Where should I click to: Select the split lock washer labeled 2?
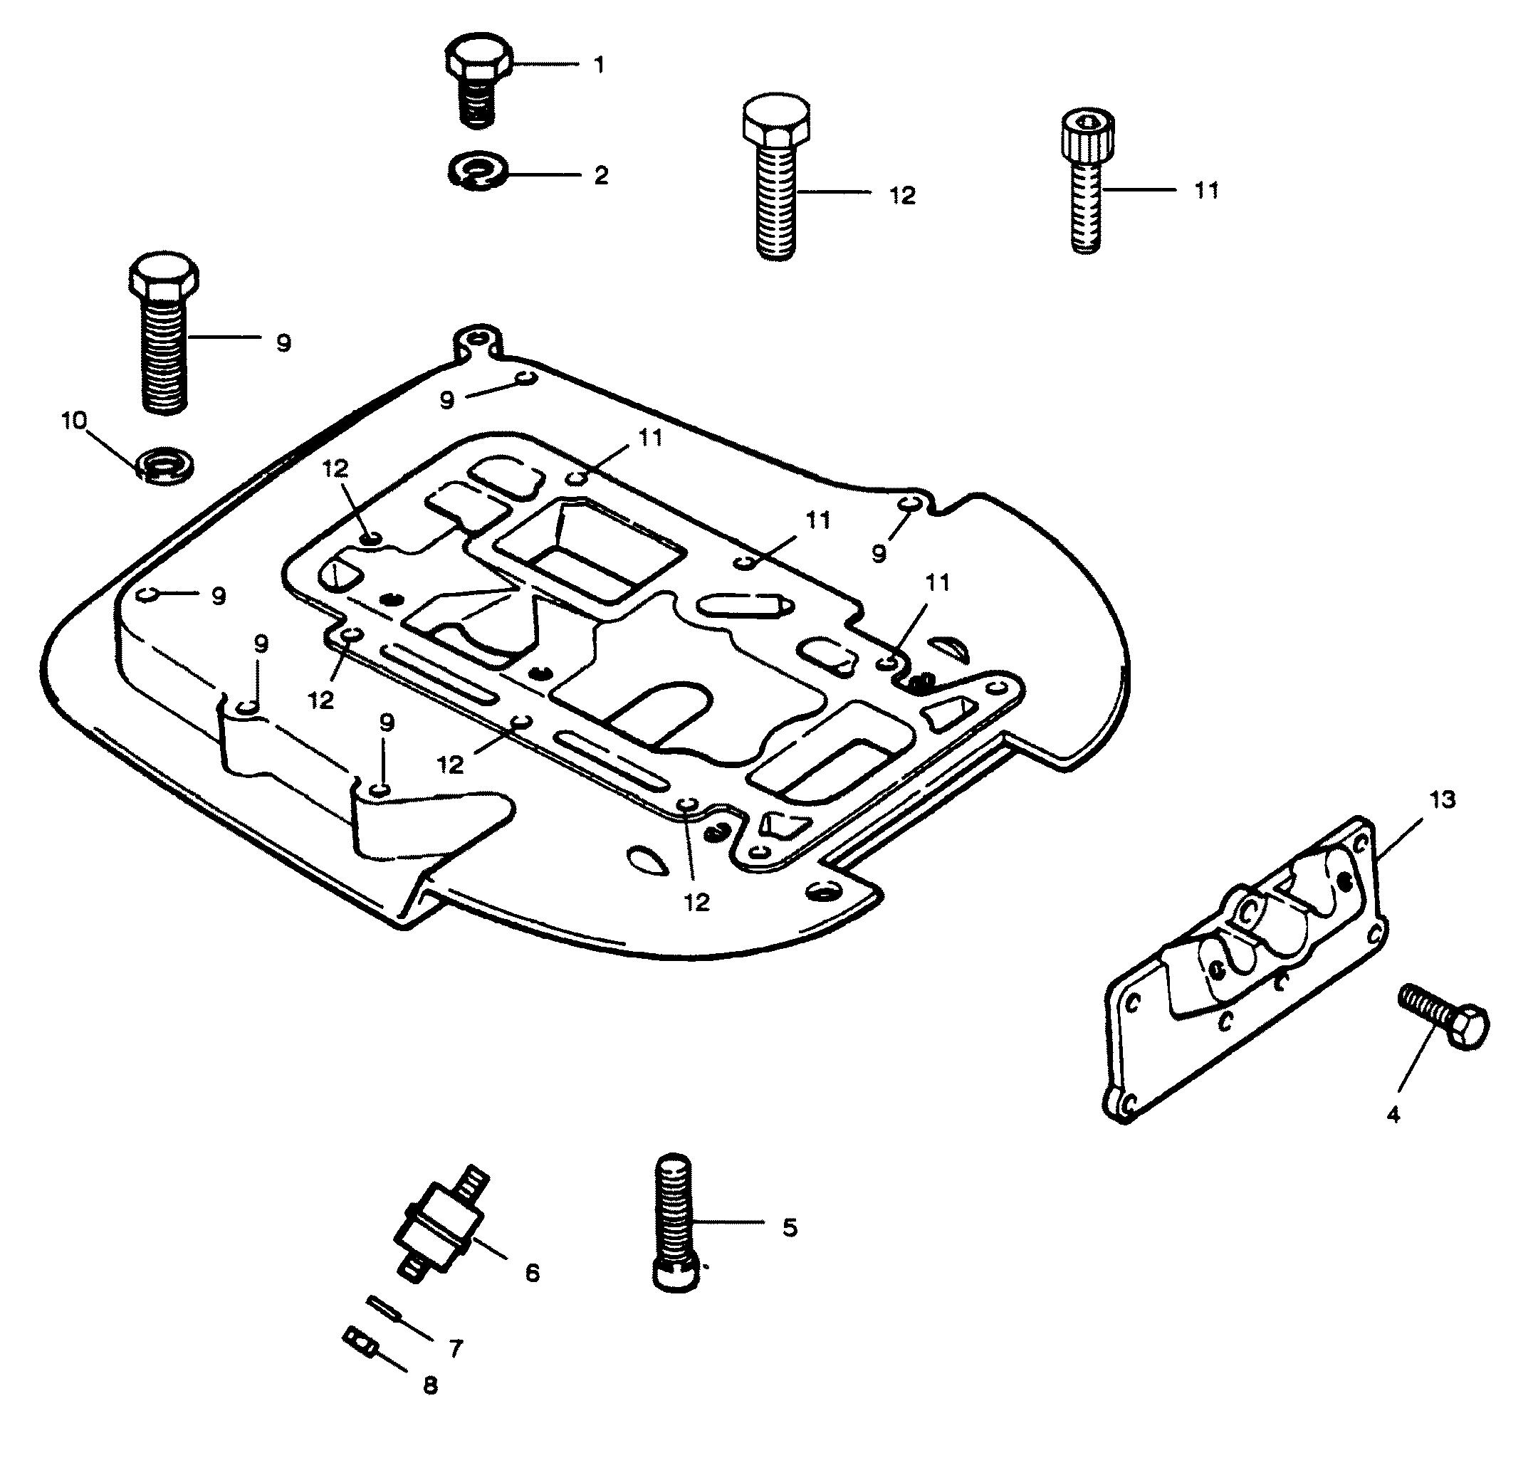point(478,171)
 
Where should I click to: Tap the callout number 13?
point(1442,799)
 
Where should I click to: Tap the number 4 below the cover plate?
point(1393,1114)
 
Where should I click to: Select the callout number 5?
point(790,1228)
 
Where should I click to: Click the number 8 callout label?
point(430,1385)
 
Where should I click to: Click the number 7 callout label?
point(456,1349)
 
